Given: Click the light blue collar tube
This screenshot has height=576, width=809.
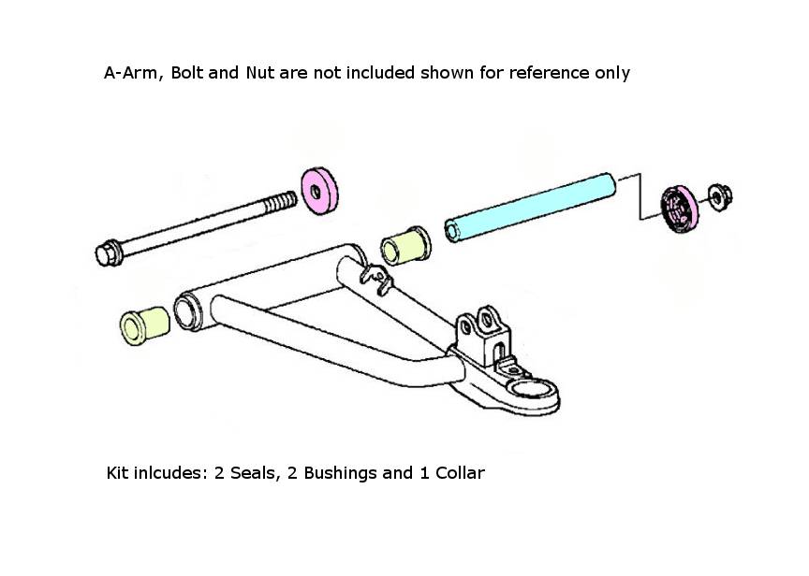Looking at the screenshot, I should point(529,207).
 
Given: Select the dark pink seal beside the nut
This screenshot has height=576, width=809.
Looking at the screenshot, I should point(680,207).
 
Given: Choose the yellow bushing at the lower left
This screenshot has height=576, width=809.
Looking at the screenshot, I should point(145,324).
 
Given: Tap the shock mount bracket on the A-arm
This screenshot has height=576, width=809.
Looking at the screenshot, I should point(484,329).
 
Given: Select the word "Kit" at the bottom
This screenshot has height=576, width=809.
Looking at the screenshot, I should point(119,473).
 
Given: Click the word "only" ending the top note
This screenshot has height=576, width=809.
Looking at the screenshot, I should point(611,73).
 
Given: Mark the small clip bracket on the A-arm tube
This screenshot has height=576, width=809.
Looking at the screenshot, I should point(376,279).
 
